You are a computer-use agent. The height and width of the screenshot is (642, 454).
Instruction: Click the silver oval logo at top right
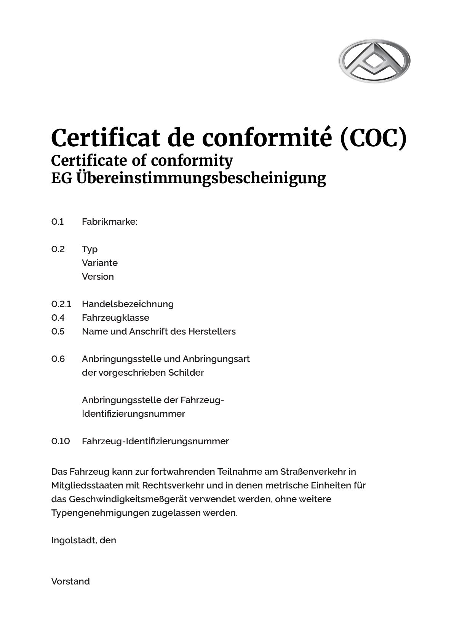click(374, 61)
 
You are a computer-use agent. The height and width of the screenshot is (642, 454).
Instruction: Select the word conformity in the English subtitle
click(192, 160)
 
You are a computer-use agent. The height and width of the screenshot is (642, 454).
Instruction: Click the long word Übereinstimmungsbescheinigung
click(201, 178)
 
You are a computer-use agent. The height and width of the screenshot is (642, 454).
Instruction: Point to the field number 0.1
click(58, 222)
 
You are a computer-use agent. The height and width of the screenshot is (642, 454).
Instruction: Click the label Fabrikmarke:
click(109, 222)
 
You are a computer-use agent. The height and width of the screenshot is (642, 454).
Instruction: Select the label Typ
click(90, 250)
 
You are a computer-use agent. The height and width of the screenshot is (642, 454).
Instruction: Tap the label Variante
click(99, 263)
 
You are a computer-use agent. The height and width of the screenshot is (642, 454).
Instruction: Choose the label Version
click(98, 277)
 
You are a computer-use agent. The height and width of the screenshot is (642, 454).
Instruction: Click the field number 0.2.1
click(61, 304)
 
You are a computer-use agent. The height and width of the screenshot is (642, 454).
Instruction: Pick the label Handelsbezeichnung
click(128, 304)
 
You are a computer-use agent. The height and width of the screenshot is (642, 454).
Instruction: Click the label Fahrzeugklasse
click(115, 318)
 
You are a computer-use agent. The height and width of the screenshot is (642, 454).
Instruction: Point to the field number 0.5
click(58, 331)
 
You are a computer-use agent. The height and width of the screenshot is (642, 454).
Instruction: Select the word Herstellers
click(212, 331)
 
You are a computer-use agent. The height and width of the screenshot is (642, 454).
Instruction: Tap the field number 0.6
click(58, 359)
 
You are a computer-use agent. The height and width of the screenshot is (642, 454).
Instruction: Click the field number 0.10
click(61, 441)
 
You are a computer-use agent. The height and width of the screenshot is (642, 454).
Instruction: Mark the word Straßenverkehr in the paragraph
click(313, 472)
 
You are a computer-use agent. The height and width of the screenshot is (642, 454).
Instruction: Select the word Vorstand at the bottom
click(70, 581)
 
